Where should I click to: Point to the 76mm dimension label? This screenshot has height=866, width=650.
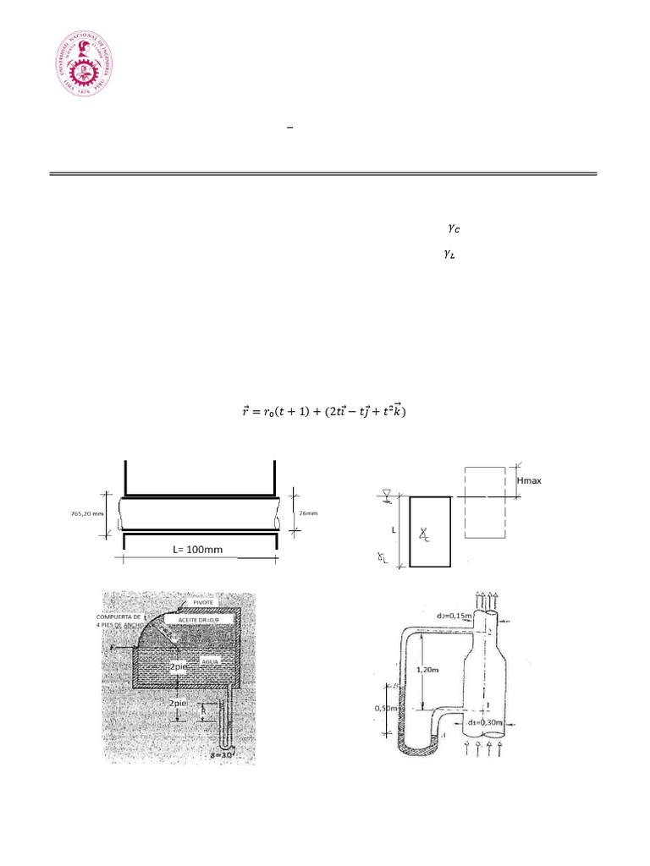click(309, 512)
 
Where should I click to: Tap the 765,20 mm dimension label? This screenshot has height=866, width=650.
click(88, 512)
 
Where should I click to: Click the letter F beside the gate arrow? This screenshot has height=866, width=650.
click(124, 648)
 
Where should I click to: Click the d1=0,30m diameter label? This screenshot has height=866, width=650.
click(482, 723)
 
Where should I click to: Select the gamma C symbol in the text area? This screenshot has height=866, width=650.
click(454, 228)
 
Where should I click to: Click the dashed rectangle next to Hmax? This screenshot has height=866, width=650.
click(485, 503)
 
